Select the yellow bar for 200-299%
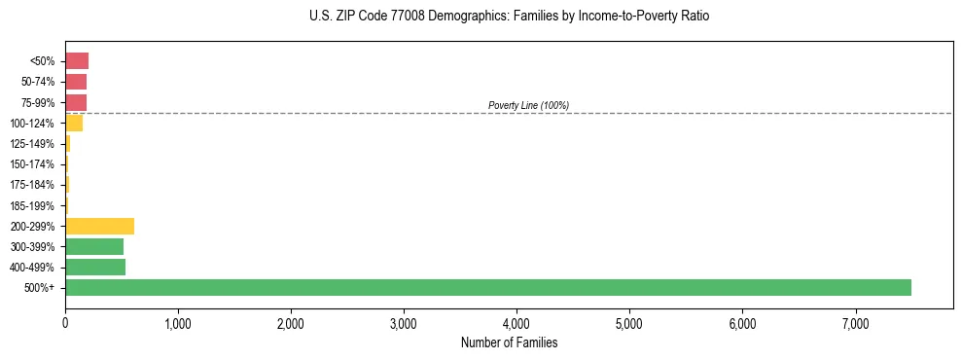click(x=99, y=226)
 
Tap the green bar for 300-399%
click(x=94, y=246)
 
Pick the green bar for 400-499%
click(x=95, y=267)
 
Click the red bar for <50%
click(x=77, y=61)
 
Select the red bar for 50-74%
click(x=76, y=82)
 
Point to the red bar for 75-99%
click(x=76, y=102)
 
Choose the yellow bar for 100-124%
click(x=74, y=124)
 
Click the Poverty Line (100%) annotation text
click(x=528, y=105)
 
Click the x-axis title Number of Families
click(x=509, y=342)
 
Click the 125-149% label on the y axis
click(x=33, y=144)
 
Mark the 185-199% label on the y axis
click(x=33, y=205)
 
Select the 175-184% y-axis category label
click(x=33, y=185)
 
